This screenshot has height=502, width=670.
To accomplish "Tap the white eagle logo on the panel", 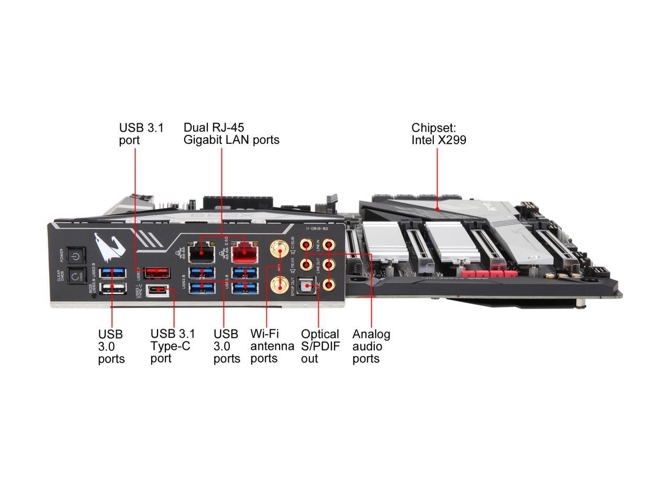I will coord(107,246).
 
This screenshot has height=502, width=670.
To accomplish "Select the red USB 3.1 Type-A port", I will coord(158,272).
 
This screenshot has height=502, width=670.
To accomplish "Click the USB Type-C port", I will coord(158,290).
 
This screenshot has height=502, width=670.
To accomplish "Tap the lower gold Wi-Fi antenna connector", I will coord(278,286).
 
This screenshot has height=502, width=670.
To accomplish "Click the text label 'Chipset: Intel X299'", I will coord(439,134).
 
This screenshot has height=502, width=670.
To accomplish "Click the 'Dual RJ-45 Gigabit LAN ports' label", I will coord(231,134).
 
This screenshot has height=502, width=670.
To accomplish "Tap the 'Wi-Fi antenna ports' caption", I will coord(272,346).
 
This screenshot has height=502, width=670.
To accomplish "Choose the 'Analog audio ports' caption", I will coord(371,346).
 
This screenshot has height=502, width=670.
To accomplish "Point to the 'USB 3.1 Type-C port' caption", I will coord(172,346).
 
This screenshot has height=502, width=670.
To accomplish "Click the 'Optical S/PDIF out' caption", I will coord(320,346).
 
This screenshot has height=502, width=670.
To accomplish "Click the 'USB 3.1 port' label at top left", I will coord(141,134).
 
